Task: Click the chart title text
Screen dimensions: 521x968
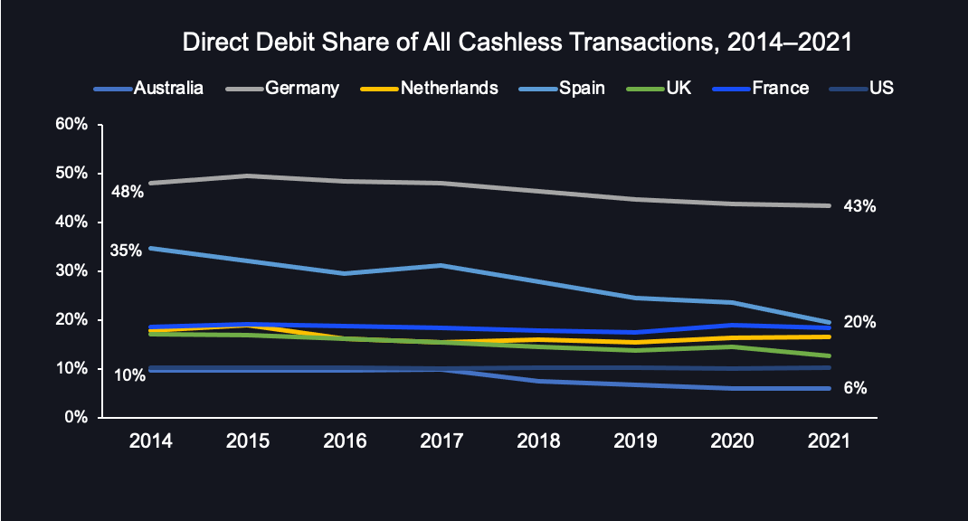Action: (517, 43)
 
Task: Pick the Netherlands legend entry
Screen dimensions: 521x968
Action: (449, 88)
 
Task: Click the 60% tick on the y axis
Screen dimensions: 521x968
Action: (71, 125)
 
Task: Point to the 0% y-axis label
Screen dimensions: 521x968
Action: (75, 418)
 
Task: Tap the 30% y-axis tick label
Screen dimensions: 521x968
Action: (71, 271)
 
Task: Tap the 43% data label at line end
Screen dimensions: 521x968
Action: (859, 206)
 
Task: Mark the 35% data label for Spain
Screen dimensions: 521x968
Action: (126, 251)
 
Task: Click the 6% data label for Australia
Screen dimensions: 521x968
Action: (856, 388)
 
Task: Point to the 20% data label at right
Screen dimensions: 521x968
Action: (859, 322)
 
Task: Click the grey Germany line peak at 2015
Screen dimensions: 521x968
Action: (247, 175)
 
